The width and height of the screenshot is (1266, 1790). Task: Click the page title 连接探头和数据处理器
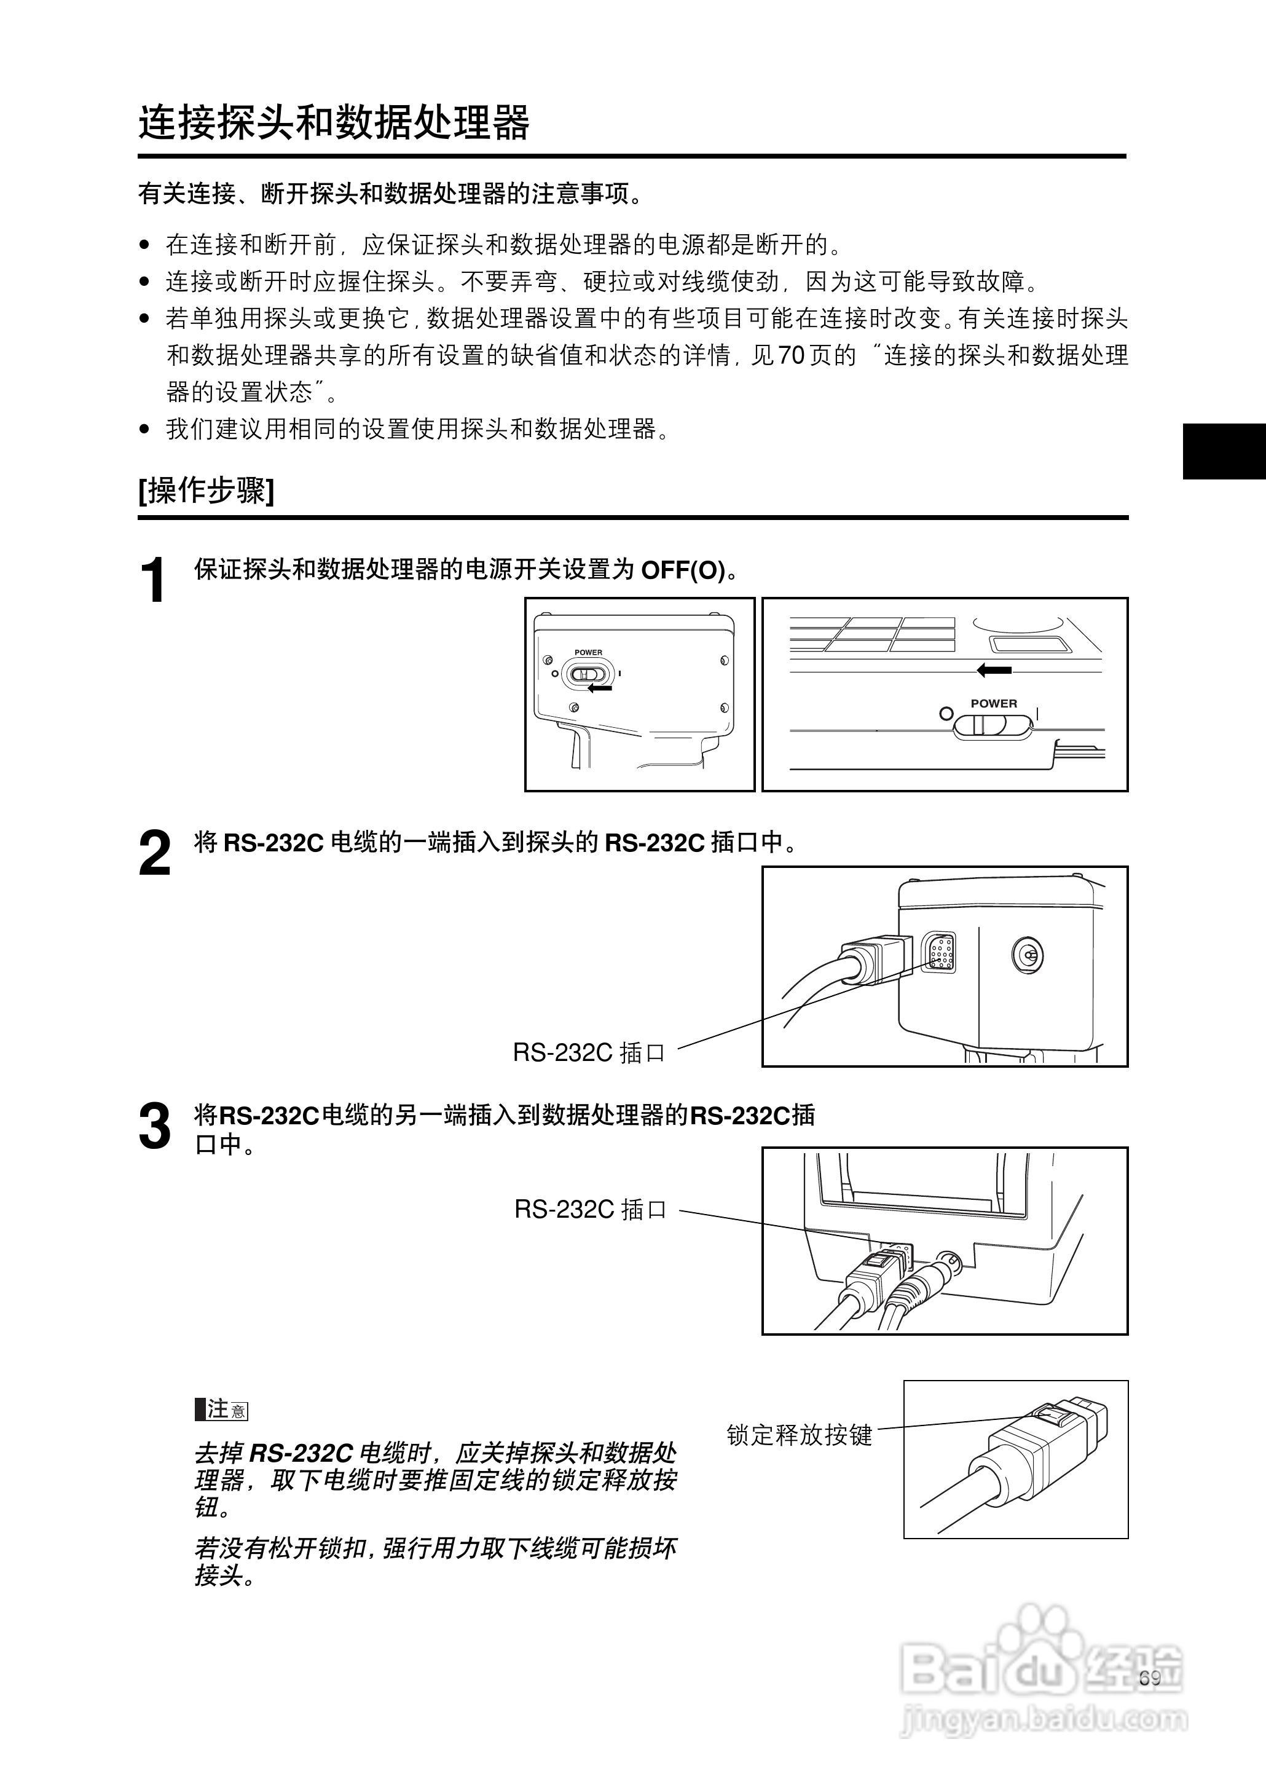pyautogui.click(x=334, y=122)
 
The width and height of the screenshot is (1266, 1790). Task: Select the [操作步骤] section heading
pyautogui.click(x=206, y=491)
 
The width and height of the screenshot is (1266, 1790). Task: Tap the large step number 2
pyautogui.click(x=154, y=854)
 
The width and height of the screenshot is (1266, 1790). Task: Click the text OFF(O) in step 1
pyautogui.click(x=682, y=570)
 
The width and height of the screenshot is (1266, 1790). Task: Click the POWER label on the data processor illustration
pyautogui.click(x=993, y=703)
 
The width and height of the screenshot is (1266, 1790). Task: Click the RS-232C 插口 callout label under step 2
pyautogui.click(x=589, y=1053)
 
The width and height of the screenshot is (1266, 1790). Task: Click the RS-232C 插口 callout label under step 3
pyautogui.click(x=590, y=1209)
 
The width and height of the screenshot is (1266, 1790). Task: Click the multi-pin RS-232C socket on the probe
pyautogui.click(x=941, y=952)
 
